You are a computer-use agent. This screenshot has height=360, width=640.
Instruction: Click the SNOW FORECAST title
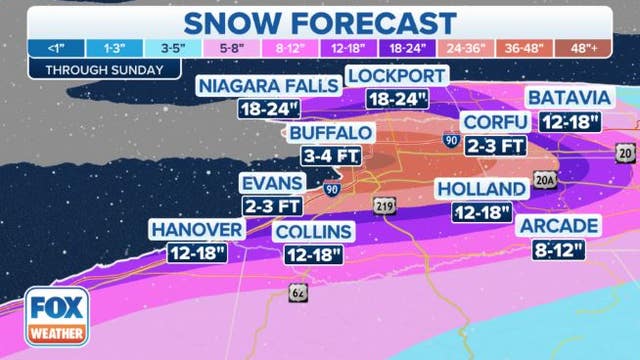320,21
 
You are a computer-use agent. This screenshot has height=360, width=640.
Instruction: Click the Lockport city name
397,76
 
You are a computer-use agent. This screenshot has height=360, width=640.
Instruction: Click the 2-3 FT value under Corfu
497,146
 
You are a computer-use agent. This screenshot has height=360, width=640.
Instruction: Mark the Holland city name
481,189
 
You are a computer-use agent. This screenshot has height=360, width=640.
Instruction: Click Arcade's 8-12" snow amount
558,250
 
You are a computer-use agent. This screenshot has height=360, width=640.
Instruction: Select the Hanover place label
197,231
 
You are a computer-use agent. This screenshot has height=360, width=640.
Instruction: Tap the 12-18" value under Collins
314,255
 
